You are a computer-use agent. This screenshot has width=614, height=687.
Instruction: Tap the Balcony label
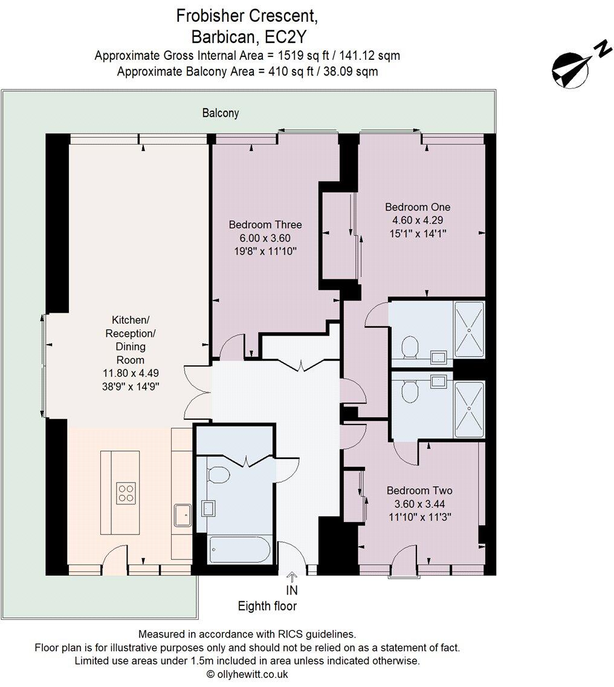click(221, 113)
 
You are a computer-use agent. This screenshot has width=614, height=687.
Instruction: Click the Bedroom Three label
click(265, 225)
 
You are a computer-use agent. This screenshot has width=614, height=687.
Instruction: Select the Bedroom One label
click(418, 207)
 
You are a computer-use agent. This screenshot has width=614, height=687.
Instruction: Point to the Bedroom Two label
click(419, 490)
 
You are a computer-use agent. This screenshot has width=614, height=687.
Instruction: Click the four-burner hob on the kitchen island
click(126, 493)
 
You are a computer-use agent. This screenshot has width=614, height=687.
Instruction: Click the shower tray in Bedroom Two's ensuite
click(469, 409)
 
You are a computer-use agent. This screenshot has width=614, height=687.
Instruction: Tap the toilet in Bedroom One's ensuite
click(411, 348)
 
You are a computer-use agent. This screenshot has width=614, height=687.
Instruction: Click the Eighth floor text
click(267, 605)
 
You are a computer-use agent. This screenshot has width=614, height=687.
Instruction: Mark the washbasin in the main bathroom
click(210, 507)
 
